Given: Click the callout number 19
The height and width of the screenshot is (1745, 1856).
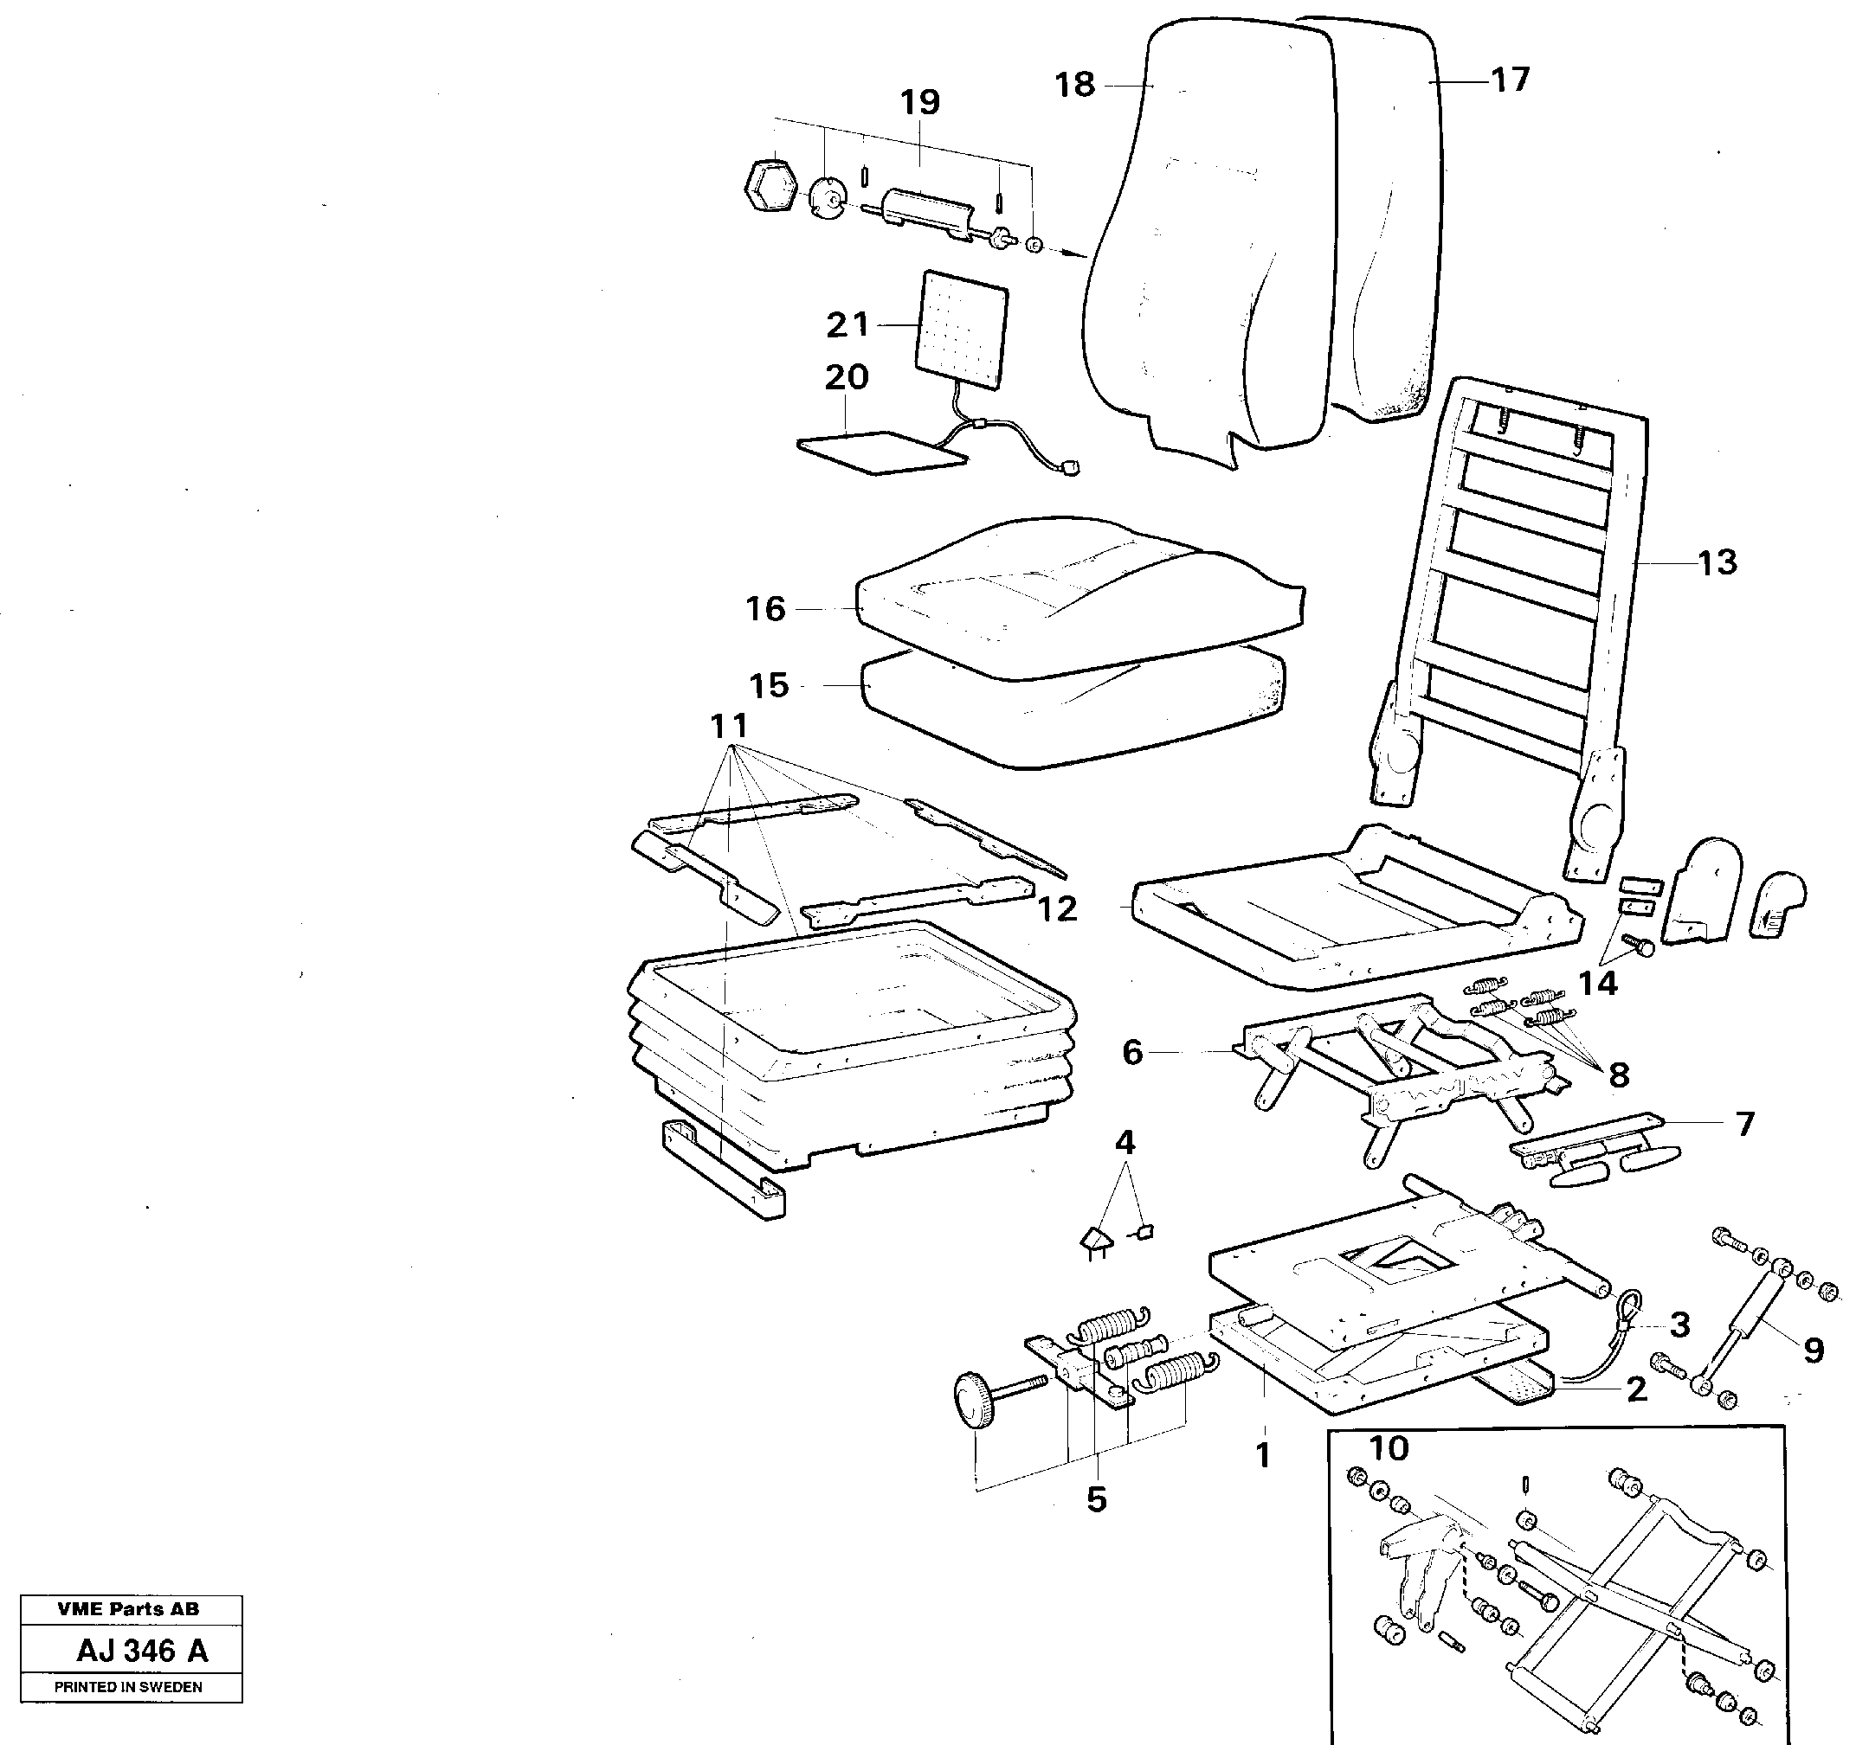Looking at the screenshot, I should click(919, 103).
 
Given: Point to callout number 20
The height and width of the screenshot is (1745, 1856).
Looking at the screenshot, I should click(846, 378).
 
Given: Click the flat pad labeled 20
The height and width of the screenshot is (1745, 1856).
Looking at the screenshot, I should click(882, 452).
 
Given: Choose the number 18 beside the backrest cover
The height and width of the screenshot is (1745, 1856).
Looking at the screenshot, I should click(1074, 85).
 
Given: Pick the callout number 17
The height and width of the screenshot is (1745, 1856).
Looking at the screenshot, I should click(1510, 80).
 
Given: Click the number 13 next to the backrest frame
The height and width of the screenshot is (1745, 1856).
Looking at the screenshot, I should click(1716, 562).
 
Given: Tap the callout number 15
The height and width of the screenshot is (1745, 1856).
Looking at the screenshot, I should click(770, 686).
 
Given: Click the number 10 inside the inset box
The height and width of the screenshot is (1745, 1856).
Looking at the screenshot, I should click(1388, 1448).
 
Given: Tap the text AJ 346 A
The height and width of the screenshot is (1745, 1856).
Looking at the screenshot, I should click(142, 1651).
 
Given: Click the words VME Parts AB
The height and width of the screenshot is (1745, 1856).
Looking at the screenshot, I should click(128, 1610).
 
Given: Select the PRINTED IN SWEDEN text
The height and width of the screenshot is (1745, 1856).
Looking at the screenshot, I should click(128, 1687).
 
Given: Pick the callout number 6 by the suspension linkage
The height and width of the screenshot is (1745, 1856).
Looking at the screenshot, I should click(1131, 1053).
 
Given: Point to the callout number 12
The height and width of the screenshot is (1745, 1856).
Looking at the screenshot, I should click(1057, 909).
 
